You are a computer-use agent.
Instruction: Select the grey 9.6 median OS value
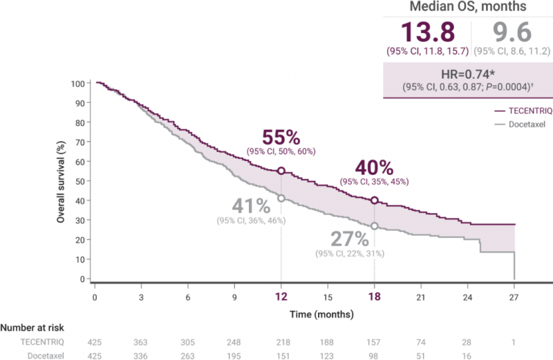[x=510, y=33]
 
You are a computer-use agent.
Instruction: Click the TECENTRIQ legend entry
[x=520, y=111]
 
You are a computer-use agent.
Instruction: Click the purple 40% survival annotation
[x=374, y=169]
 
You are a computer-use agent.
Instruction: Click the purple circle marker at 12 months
[x=281, y=171]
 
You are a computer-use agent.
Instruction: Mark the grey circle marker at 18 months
[x=374, y=226]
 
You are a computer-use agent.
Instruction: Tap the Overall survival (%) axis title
[x=61, y=181]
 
